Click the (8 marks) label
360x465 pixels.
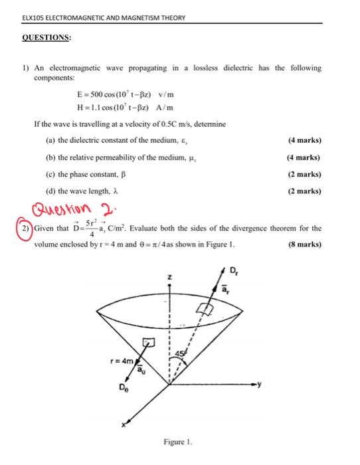[x=305, y=244]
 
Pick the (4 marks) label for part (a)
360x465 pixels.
[x=305, y=140]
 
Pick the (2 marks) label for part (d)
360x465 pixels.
[x=305, y=191]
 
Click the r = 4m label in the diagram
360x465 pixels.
[x=123, y=363]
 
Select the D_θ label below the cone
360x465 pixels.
[x=124, y=387]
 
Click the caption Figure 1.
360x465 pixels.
[x=179, y=441]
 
